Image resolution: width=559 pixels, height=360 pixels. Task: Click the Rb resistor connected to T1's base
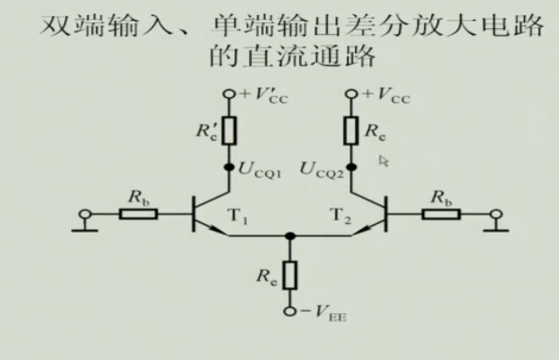139,213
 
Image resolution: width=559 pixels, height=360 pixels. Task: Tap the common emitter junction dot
289,235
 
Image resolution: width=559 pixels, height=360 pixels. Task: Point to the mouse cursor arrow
384,161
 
